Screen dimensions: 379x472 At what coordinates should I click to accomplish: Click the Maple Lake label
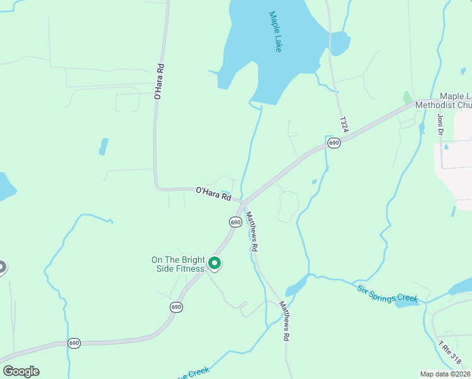274,32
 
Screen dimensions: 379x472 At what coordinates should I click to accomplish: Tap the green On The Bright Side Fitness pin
215,263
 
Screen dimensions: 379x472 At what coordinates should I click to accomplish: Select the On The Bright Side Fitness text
178,264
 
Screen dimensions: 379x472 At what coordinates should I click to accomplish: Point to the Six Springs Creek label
387,294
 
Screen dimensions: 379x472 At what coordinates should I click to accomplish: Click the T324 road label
343,124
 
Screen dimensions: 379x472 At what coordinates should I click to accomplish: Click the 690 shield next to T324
334,144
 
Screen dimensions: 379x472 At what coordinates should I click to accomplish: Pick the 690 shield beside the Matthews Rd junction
235,222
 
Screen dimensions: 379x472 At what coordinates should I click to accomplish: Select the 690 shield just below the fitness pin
176,307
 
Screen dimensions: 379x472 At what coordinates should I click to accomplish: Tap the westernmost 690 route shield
74,343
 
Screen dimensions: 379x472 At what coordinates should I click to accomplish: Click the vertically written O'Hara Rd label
159,81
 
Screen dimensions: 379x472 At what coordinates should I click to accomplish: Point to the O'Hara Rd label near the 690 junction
213,193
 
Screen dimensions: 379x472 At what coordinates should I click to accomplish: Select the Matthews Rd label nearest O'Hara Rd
251,232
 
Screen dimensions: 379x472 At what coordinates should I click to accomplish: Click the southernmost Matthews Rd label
285,322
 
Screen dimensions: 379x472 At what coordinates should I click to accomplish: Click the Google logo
21,371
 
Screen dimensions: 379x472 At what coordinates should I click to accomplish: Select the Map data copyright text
444,374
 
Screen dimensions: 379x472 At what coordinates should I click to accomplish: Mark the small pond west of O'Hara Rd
103,147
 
